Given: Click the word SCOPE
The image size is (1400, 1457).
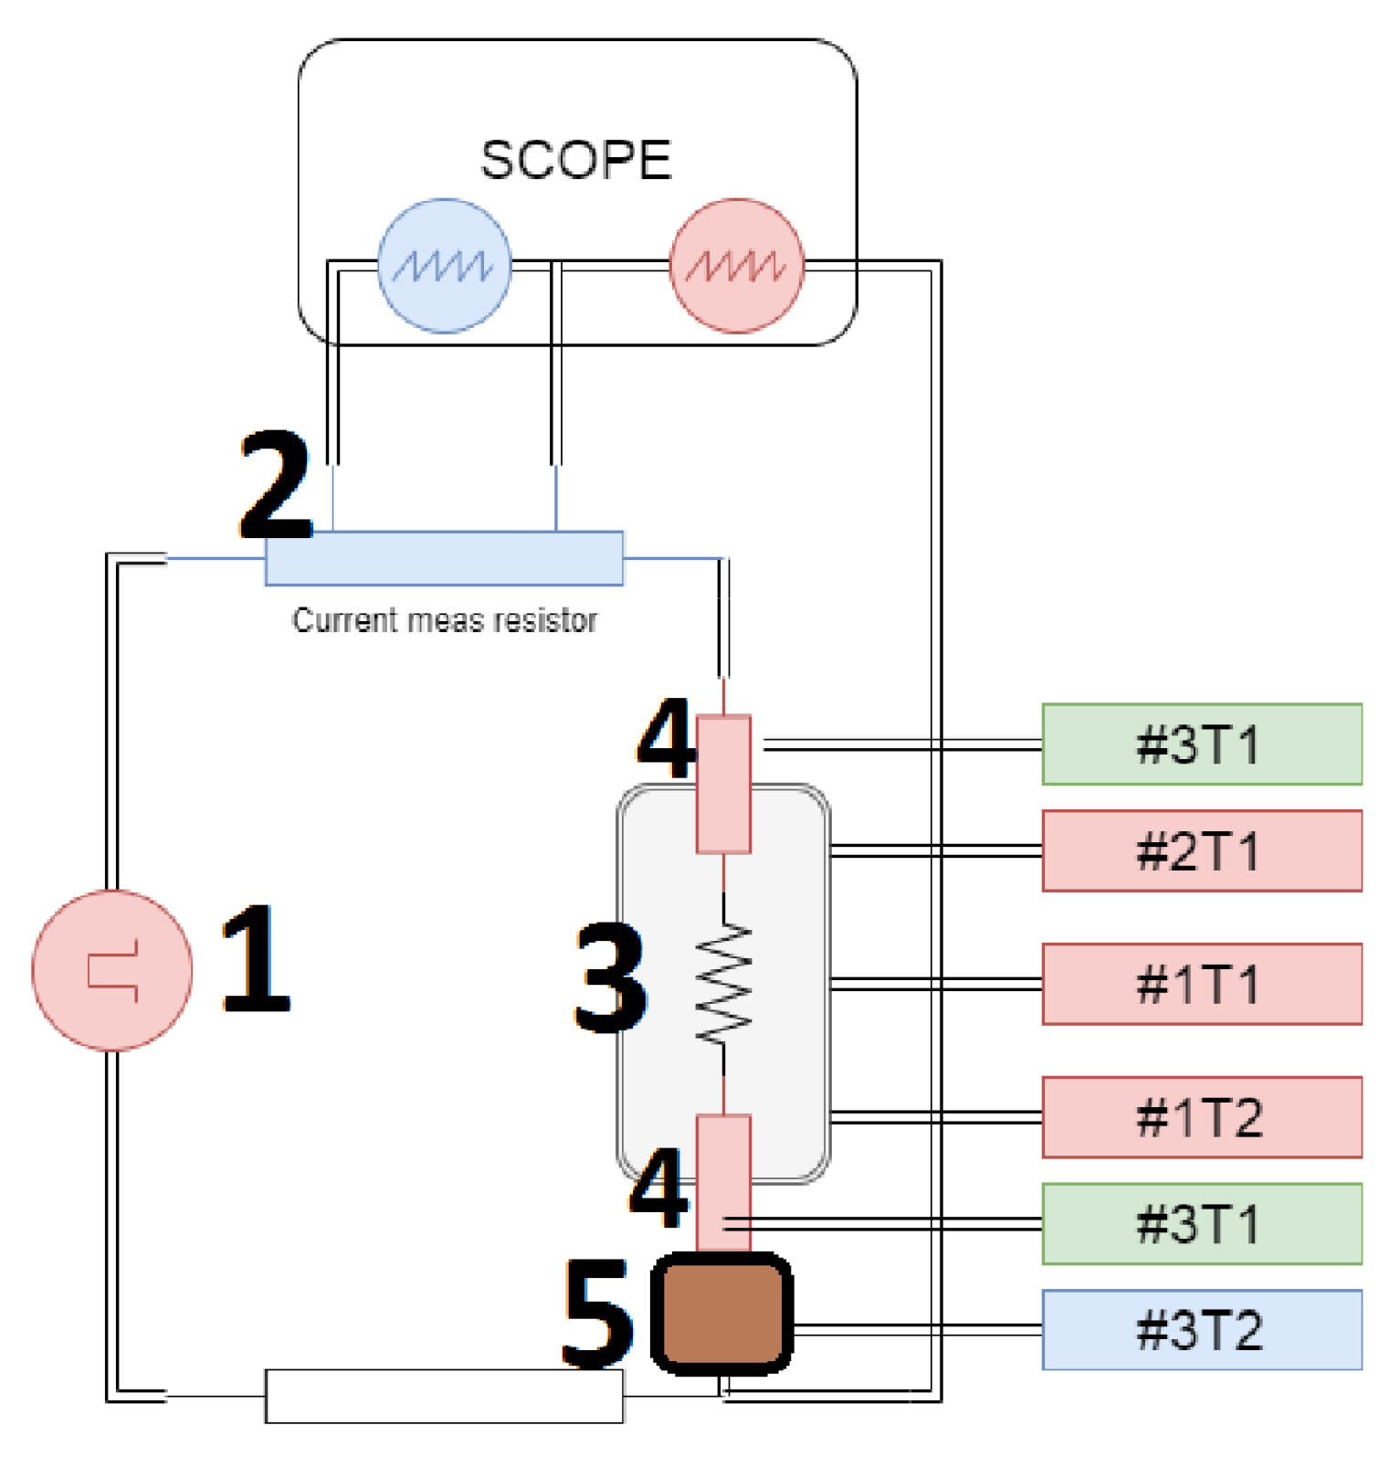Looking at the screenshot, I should coord(576,160).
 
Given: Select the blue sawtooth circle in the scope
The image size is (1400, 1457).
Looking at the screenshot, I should coord(445,266).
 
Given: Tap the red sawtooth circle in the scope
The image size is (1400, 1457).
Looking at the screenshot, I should coord(737,266).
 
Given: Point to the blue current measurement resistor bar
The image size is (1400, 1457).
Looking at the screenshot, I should coord(444,558).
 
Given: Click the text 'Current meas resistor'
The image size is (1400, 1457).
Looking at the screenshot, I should coord(444,620).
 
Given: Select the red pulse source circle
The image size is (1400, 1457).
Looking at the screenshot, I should coord(112,970).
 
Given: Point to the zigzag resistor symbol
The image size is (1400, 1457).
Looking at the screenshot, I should coord(724,984).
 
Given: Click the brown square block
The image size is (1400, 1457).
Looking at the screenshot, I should coord(722,1314).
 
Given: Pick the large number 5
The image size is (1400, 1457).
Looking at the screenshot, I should coord(597,1314).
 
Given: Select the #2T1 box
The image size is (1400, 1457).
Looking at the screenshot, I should coord(1202,850).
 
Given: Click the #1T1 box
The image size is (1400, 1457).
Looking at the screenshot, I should coord(1202,984).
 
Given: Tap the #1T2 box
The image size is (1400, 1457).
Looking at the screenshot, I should coord(1202,1117).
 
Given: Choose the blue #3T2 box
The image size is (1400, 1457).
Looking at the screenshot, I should coord(1202,1330).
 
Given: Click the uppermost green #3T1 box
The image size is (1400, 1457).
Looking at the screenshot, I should coord(1202,744).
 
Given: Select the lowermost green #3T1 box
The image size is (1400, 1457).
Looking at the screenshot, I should coord(1202,1224).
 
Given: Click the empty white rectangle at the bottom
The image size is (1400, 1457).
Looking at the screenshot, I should coord(444,1396).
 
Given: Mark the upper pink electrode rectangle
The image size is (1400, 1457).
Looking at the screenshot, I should coord(724,784).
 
